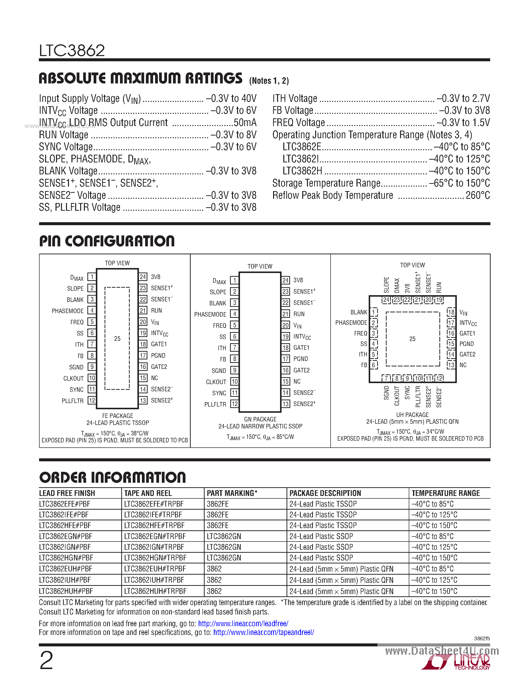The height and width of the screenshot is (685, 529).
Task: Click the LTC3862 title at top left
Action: [72, 51]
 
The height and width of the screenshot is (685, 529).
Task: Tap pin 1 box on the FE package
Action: [92, 277]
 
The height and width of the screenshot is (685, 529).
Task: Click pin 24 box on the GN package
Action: [285, 280]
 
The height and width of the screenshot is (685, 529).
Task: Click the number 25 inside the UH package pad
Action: [412, 339]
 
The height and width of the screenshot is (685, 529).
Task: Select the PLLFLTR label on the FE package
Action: [72, 401]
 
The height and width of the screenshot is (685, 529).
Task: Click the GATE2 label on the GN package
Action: [301, 370]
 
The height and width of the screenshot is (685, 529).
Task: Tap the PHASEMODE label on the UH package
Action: [351, 323]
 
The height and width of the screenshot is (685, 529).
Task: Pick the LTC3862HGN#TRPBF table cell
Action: [155, 558]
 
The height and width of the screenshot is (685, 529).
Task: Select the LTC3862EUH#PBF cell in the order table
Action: [65, 569]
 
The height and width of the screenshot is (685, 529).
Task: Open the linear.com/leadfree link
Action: [243, 623]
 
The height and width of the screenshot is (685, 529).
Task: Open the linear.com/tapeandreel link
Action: [264, 632]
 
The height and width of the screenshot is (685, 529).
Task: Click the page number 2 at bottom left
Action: [46, 661]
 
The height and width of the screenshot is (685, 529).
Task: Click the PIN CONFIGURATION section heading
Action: [107, 241]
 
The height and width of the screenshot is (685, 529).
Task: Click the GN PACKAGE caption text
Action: [260, 419]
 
